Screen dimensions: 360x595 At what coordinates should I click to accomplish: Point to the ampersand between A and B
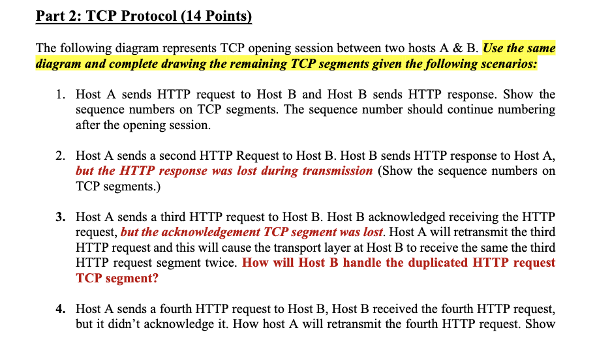tap(457, 48)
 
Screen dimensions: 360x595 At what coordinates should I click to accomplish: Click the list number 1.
tap(59, 95)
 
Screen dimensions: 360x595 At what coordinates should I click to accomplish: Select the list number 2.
tap(59, 156)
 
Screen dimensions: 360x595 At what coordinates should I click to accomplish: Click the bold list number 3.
tap(59, 217)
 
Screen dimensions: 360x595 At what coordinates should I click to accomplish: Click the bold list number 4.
tap(59, 309)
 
